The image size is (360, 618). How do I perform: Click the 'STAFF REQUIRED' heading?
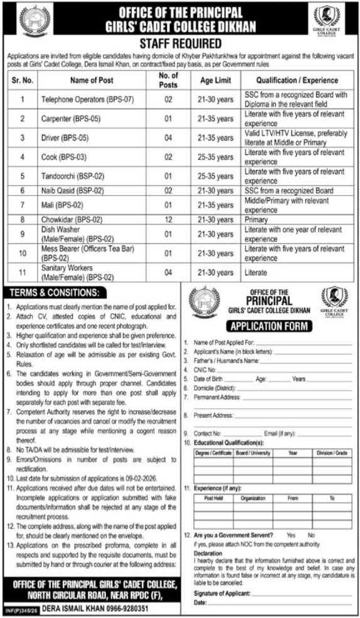pos(180,43)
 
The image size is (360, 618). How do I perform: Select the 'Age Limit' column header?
pos(215,80)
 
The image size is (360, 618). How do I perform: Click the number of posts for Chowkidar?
pos(168,220)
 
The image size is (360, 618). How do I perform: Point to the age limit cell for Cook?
pos(215,157)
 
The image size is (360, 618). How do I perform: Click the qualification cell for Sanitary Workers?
pos(255,272)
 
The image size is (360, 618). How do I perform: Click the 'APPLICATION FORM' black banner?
pos(270,326)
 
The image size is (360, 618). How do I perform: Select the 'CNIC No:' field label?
pos(206,370)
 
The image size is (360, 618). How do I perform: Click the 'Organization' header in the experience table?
pos(253,498)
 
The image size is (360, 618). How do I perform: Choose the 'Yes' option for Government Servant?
pos(290,535)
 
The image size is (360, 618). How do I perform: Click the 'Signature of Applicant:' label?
pos(222,593)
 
